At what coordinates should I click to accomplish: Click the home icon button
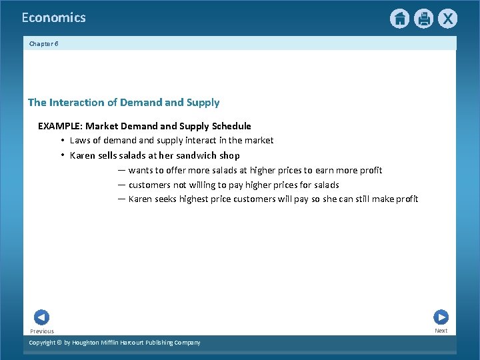(399, 19)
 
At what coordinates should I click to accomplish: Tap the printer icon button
(423, 19)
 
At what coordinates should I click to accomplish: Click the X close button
(447, 19)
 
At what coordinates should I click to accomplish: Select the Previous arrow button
(41, 317)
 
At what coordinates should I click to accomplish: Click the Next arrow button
(441, 317)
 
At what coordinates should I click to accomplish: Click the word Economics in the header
(53, 18)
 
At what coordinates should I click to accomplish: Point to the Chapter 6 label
(44, 43)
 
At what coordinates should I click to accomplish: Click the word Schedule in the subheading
(231, 126)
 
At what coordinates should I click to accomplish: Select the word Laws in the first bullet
(81, 140)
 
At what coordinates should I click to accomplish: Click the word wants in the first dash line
(141, 170)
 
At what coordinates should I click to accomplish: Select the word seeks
(167, 199)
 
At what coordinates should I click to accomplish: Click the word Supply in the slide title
(203, 103)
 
